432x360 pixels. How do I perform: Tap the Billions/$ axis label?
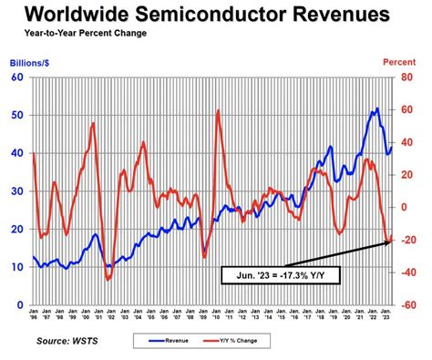[32, 64]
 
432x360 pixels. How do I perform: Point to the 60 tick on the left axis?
[16, 77]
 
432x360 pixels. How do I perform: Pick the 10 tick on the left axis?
[16, 267]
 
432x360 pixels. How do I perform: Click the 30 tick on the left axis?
[16, 191]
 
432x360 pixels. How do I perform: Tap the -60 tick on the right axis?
[410, 305]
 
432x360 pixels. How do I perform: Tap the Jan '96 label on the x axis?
[35, 316]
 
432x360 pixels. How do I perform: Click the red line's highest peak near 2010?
[219, 111]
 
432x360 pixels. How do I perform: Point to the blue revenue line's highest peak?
[376, 108]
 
